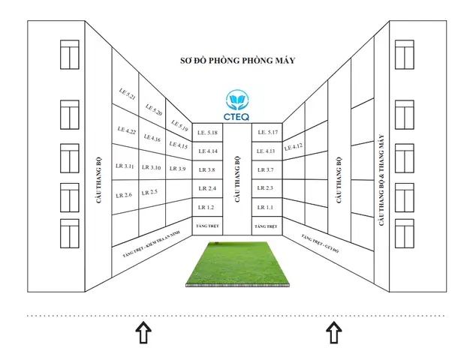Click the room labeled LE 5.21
pyautogui.click(x=127, y=94)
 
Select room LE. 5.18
pyautogui.click(x=207, y=133)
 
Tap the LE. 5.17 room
pyautogui.click(x=268, y=132)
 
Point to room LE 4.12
pyautogui.click(x=294, y=146)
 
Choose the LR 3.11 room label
pyautogui.click(x=125, y=166)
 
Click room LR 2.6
pyautogui.click(x=124, y=195)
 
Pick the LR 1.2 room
pyautogui.click(x=206, y=208)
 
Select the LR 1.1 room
pyautogui.click(x=265, y=208)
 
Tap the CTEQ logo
pyautogui.click(x=237, y=106)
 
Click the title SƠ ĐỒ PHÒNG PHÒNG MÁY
pyautogui.click(x=237, y=61)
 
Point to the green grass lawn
pyautogui.click(x=237, y=264)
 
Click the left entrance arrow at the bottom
pyautogui.click(x=143, y=332)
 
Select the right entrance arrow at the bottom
pyautogui.click(x=334, y=332)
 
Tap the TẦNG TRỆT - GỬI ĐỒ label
pyautogui.click(x=320, y=244)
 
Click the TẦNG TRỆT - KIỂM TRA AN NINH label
pyautogui.click(x=152, y=244)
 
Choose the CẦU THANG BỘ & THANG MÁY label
pyautogui.click(x=381, y=180)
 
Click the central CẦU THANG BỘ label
pyautogui.click(x=237, y=179)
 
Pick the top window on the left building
pyautogui.click(x=70, y=55)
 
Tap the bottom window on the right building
pyautogui.click(x=405, y=233)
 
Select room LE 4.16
pyautogui.click(x=152, y=138)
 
